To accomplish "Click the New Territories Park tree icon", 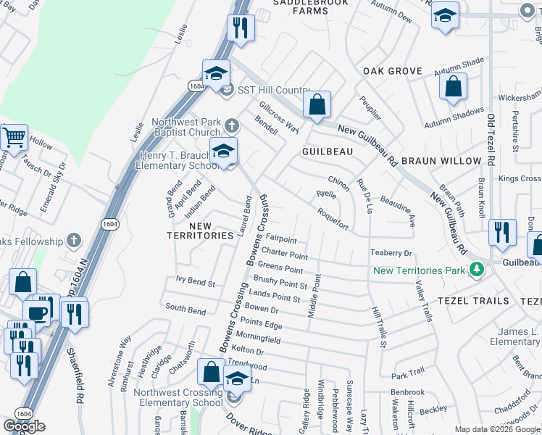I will point(476,270).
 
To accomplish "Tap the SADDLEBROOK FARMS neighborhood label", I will point(311,7).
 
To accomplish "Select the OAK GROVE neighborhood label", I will point(393,71).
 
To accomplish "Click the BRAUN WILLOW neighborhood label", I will point(441,161).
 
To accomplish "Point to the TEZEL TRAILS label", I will point(470,301).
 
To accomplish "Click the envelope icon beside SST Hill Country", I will point(225,91).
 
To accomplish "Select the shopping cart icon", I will point(14,136).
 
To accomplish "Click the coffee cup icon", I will point(36,312).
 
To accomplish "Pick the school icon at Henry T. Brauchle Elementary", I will point(224,152).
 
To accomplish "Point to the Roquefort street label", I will point(333,220).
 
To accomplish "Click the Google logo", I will point(24,426).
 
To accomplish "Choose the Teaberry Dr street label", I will point(391,253).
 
